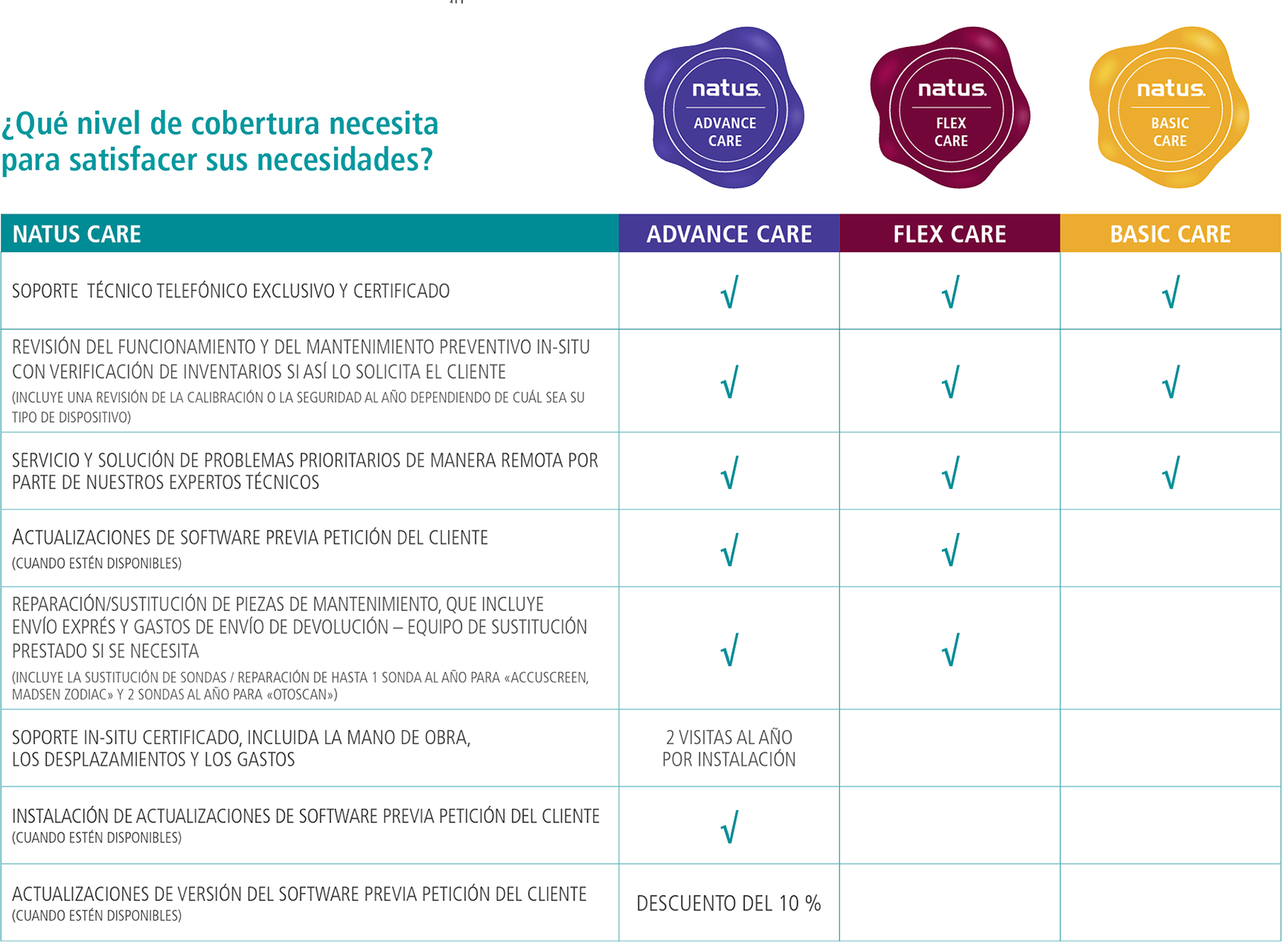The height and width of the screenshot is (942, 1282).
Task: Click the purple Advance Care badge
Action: tap(725, 109)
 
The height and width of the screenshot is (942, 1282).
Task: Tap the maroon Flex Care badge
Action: tap(950, 109)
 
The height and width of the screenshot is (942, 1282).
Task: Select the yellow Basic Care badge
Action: tap(1170, 109)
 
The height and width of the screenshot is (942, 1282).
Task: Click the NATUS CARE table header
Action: tap(77, 234)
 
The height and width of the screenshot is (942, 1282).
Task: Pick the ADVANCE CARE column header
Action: tap(729, 234)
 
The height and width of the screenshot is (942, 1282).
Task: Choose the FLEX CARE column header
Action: tap(949, 234)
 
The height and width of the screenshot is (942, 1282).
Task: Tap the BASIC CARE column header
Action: tap(1170, 234)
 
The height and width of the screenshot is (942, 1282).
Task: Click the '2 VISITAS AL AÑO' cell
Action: tap(729, 748)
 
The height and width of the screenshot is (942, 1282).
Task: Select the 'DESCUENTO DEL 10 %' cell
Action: tap(728, 903)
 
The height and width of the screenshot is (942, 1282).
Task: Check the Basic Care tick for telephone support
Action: tap(1171, 292)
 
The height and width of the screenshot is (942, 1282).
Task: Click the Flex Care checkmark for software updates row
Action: tap(950, 550)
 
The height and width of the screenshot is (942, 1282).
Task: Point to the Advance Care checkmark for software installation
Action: tap(730, 827)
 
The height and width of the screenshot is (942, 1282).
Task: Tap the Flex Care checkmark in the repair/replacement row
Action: tap(950, 650)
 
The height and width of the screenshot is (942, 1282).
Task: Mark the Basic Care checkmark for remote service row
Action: tap(1171, 472)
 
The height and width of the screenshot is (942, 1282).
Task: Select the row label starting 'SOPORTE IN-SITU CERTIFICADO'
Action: tap(241, 748)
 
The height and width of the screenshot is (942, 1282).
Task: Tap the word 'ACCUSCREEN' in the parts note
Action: tap(548, 677)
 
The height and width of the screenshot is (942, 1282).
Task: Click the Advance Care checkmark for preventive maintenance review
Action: tap(730, 382)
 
